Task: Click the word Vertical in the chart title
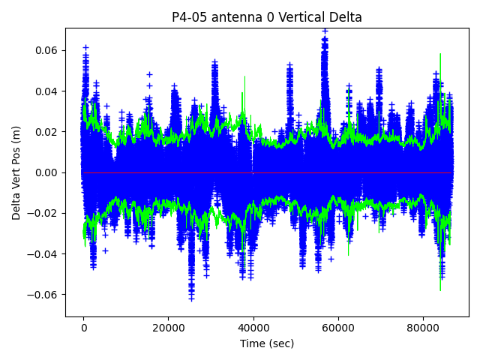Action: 291,17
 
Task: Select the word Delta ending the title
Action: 345,17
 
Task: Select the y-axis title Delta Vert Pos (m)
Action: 16,172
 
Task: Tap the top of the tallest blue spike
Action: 325,31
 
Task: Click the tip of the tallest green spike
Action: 440,53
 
